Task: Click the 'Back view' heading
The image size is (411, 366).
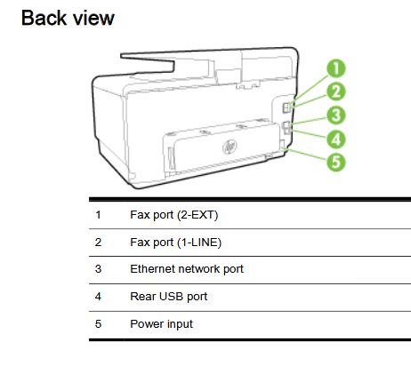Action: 68,17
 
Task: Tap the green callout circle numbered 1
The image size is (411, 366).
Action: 337,68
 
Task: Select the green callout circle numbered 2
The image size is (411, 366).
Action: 337,91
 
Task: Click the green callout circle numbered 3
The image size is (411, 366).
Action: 337,115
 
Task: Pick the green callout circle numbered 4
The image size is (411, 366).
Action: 337,138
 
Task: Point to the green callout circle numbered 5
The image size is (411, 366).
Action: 337,162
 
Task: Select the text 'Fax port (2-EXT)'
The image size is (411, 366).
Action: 173,215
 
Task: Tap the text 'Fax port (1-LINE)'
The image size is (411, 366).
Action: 175,242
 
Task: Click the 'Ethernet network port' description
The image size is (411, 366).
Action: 186,268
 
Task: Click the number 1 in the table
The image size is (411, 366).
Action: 98,215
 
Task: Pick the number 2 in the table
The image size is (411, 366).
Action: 98,242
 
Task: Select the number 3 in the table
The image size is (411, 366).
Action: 98,268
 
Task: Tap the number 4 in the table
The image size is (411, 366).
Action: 98,296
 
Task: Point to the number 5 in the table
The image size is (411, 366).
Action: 98,323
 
